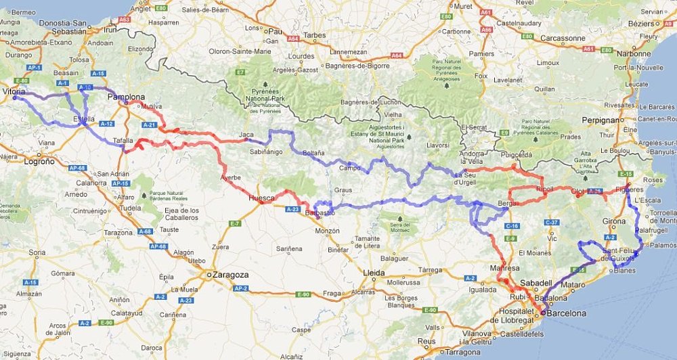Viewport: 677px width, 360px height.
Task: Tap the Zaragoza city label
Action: pos(230,275)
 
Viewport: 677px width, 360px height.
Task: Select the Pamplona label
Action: pos(127,97)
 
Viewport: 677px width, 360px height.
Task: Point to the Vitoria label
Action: pos(14,91)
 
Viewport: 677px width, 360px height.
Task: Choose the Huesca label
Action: pos(262,198)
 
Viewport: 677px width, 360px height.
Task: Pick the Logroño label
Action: pos(37,162)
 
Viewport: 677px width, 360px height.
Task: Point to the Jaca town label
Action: pos(246,135)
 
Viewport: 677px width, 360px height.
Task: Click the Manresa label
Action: pos(504,269)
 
